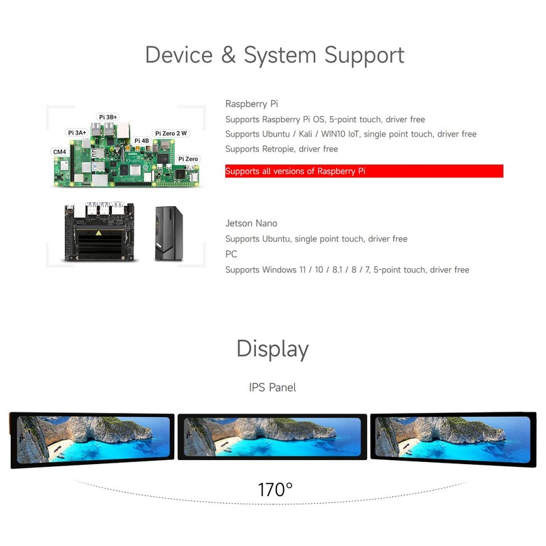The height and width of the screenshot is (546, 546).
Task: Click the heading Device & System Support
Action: (274, 55)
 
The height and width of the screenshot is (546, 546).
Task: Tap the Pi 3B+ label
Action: (108, 117)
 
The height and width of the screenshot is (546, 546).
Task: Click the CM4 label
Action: (59, 152)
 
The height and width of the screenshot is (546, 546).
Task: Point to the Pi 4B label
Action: (141, 141)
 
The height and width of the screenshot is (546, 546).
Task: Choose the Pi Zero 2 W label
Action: (171, 134)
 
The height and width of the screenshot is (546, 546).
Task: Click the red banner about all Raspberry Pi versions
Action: (364, 171)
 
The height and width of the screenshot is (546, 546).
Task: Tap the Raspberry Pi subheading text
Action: (251, 104)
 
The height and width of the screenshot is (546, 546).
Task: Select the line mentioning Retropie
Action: (281, 149)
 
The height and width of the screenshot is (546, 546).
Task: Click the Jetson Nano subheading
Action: (251, 223)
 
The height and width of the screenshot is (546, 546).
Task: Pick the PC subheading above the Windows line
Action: (231, 254)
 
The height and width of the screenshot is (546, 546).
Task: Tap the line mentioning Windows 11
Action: (347, 270)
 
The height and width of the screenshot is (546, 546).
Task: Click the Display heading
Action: (272, 349)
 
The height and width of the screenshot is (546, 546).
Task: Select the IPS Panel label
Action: (272, 388)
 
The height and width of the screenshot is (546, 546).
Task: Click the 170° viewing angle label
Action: (275, 489)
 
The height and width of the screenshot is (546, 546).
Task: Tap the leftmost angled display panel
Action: (91, 440)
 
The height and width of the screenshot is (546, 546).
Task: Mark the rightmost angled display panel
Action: (452, 439)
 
